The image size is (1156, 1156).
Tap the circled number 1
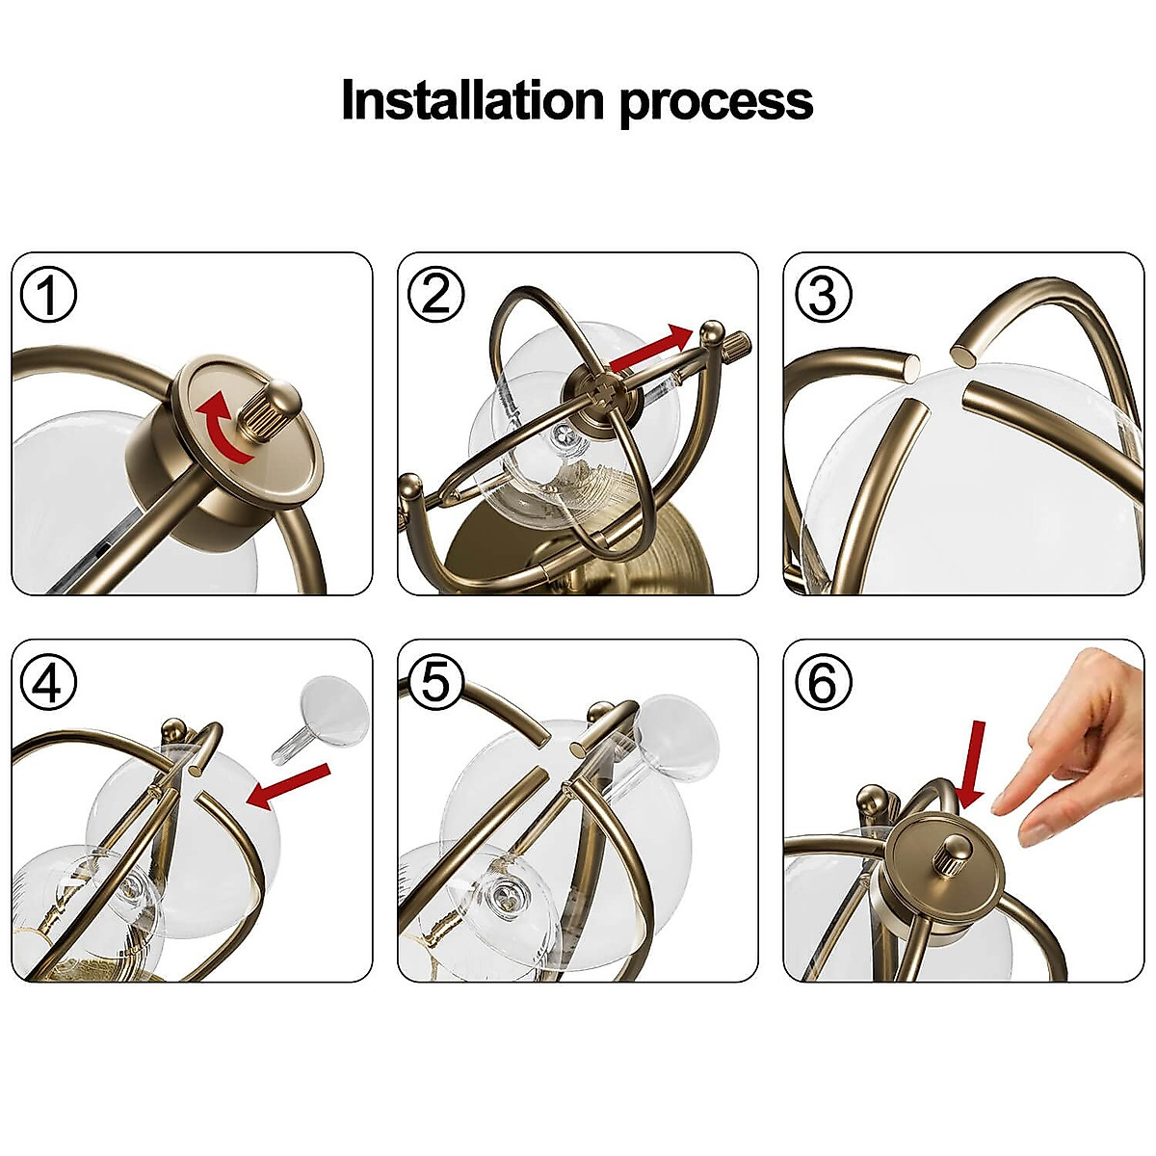[x=48, y=295]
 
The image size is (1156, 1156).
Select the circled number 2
[x=435, y=295]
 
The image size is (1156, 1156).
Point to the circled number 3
[x=823, y=295]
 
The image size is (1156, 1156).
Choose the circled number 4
[x=48, y=681]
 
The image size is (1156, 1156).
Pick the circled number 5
[x=435, y=681]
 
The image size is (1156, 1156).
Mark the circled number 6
[x=823, y=681]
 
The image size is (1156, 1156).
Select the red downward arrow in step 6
[x=972, y=764]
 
